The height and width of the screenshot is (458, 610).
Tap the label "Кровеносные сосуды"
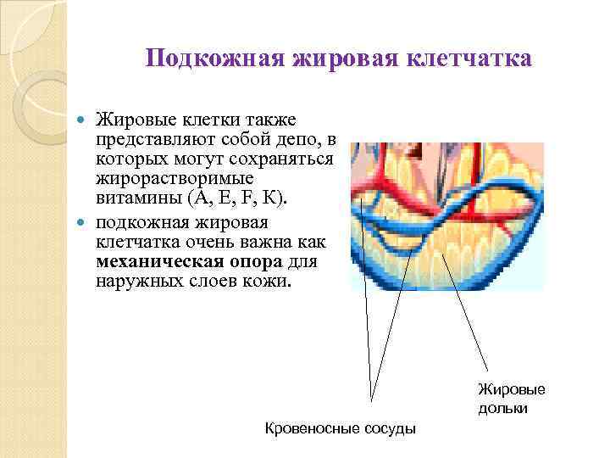coord(341,428)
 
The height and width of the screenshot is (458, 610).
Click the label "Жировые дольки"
coord(512,399)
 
